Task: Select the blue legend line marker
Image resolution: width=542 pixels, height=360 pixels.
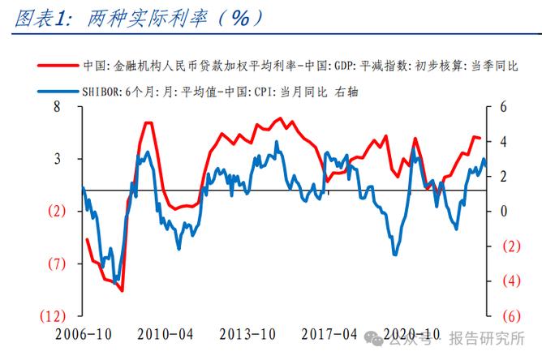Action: click(58, 92)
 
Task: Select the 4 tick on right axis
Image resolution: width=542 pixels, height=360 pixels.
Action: click(503, 141)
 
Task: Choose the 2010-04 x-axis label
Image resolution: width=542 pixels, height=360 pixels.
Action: click(165, 334)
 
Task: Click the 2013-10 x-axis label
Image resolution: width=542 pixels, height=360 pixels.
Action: click(247, 334)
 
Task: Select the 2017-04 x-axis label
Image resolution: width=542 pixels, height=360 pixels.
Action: click(329, 334)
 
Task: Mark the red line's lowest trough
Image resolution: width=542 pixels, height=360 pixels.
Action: click(122, 289)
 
